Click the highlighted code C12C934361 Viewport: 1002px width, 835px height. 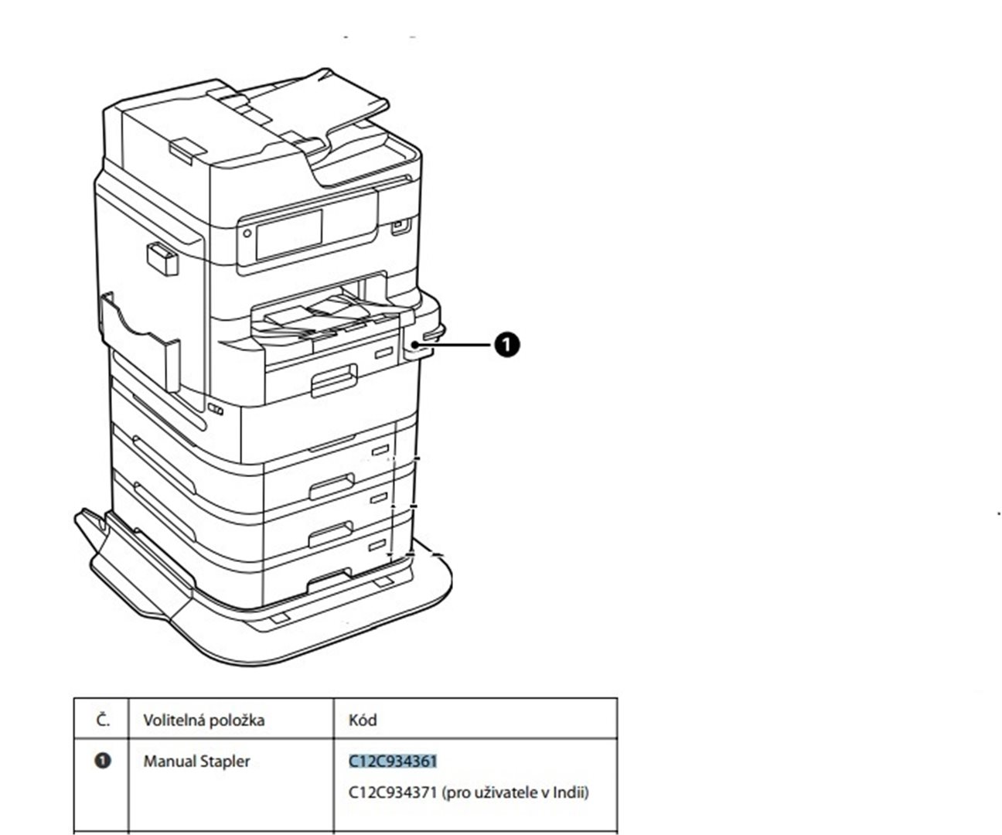click(x=393, y=762)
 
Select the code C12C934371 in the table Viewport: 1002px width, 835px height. click(x=393, y=792)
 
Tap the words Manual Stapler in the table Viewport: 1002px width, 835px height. click(x=196, y=762)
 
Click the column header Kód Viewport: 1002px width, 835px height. click(x=363, y=721)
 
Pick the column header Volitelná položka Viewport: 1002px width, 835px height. click(x=203, y=721)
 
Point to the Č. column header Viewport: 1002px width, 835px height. click(x=103, y=721)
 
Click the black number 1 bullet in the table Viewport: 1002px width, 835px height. click(x=103, y=761)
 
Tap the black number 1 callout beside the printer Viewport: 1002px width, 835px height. click(x=506, y=345)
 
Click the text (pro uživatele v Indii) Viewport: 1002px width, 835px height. click(x=516, y=792)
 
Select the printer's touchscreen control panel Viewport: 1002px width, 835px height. click(x=288, y=233)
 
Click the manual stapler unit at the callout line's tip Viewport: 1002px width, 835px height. click(x=417, y=343)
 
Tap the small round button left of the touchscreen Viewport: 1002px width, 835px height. click(x=247, y=233)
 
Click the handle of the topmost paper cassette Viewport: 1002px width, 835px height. click(x=334, y=381)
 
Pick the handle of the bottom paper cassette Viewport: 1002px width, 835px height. click(x=329, y=580)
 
